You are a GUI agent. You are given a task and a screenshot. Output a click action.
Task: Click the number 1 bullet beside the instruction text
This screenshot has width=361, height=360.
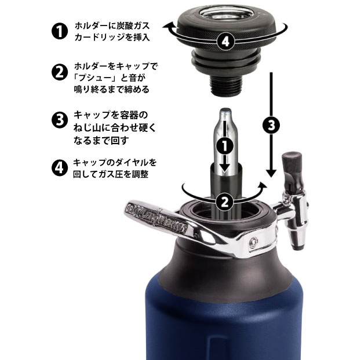60,31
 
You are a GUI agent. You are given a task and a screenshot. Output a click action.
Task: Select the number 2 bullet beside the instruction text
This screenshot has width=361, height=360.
60,72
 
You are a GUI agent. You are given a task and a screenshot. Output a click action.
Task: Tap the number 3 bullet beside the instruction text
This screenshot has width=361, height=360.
60,120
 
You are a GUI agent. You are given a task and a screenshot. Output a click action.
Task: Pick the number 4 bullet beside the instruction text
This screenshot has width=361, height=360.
60,168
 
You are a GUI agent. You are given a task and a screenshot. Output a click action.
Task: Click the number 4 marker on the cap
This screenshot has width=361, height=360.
225,42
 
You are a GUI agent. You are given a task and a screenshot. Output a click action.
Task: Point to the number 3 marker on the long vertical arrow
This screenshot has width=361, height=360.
271,125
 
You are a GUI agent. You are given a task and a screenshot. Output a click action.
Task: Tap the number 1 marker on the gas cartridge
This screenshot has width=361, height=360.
225,145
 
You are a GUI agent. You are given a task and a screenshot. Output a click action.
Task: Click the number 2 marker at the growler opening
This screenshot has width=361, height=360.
225,202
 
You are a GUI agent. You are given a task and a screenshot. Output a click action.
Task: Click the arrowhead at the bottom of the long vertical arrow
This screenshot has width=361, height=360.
271,173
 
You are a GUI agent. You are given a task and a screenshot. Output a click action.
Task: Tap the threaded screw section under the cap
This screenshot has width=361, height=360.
226,86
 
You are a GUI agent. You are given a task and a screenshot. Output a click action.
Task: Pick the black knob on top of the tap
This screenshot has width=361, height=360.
292,162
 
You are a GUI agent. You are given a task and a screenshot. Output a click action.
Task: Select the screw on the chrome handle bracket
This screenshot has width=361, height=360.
253,242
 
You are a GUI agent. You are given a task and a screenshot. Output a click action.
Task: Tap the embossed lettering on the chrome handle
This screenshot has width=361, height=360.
156,216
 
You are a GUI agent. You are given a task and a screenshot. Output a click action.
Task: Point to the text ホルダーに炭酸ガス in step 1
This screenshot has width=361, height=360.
112,26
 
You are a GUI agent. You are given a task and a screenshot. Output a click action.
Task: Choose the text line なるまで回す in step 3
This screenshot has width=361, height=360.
101,140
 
